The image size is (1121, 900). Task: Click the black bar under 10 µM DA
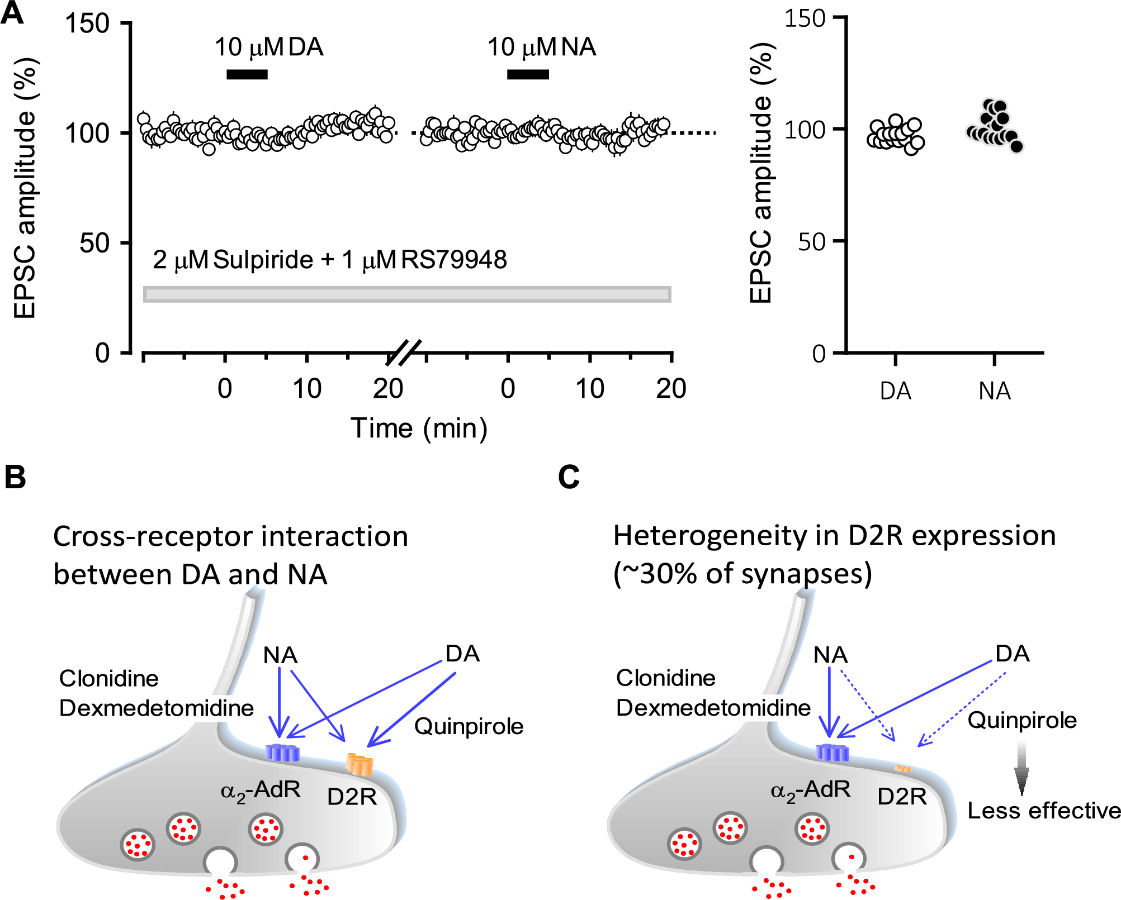point(247,74)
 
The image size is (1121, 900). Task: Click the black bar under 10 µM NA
point(527,74)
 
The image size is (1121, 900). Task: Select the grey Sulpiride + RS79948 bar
point(407,294)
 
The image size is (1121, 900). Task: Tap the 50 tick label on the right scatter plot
point(811,242)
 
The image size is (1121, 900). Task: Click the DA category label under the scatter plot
point(895,391)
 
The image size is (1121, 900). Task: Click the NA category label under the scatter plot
point(994,391)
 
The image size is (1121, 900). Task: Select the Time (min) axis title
point(419,428)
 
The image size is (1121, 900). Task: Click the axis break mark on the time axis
point(404,353)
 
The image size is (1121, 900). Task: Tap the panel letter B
point(15,478)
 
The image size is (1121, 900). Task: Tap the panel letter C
point(569,478)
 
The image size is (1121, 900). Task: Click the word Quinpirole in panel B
point(469,726)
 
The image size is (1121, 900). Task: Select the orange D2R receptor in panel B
point(359,764)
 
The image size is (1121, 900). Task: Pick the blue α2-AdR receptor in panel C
point(832,753)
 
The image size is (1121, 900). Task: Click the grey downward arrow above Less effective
point(1021,768)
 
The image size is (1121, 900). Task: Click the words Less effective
point(1044,811)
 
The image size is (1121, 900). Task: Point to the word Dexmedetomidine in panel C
point(713,708)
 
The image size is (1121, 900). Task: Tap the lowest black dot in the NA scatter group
point(1016,147)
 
